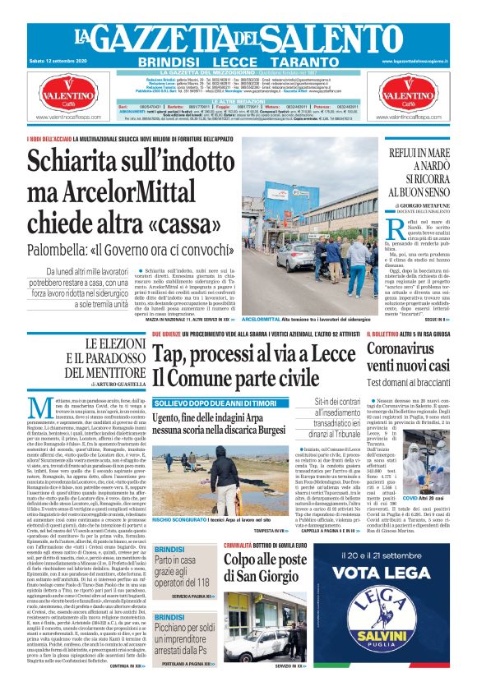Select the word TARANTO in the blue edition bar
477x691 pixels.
308,62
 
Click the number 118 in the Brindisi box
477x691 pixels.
201,581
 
